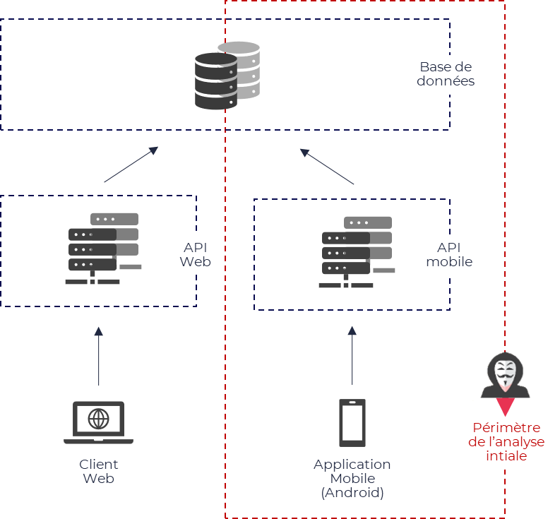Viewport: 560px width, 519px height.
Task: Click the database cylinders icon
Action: coord(227,76)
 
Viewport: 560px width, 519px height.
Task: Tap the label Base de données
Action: coord(446,74)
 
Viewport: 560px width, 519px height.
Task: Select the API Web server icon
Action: coord(103,249)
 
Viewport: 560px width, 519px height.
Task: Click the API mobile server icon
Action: coord(357,252)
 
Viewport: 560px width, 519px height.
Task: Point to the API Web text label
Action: coord(196,255)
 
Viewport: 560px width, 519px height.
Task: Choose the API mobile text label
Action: coord(449,255)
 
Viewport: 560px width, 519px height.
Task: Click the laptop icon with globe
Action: coord(99,422)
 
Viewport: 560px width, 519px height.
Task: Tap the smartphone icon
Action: coord(352,423)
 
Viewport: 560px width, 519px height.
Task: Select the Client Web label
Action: coord(99,471)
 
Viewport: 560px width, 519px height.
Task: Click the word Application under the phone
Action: coord(352,465)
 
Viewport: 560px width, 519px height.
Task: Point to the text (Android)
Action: coord(352,493)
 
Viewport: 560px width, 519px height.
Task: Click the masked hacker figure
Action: coord(506,375)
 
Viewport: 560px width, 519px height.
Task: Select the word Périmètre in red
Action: coord(506,428)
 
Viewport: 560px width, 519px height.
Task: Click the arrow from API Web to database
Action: coord(131,165)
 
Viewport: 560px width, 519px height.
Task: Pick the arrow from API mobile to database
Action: coord(327,167)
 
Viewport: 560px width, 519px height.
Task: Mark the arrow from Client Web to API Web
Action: coord(99,356)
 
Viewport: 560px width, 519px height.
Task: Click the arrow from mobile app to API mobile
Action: coord(352,355)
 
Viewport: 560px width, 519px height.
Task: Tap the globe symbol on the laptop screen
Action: coord(99,419)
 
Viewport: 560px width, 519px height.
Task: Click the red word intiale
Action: coord(506,455)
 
